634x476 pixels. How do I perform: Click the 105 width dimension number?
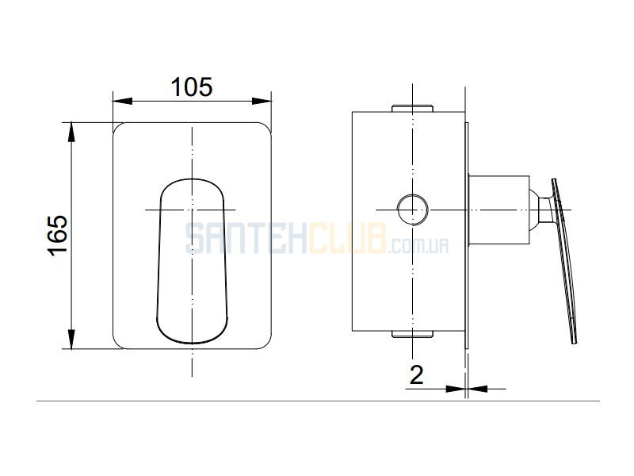192,86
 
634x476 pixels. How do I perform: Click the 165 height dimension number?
58,235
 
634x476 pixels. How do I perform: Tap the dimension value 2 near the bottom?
417,374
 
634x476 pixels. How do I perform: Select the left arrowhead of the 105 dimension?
123,101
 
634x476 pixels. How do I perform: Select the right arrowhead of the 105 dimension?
262,101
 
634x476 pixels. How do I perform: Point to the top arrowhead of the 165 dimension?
71,132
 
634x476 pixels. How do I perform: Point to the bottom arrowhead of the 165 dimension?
71,340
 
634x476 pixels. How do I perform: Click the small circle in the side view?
412,209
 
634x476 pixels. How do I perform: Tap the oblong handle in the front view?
192,261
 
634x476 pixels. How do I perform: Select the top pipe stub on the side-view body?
412,108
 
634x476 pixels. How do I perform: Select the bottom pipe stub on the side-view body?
412,334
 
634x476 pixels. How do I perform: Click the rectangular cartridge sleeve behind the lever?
499,210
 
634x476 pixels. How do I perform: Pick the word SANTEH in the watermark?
246,239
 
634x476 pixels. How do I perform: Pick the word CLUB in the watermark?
348,239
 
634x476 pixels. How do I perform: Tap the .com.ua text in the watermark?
419,246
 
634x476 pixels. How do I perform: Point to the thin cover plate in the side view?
467,236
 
